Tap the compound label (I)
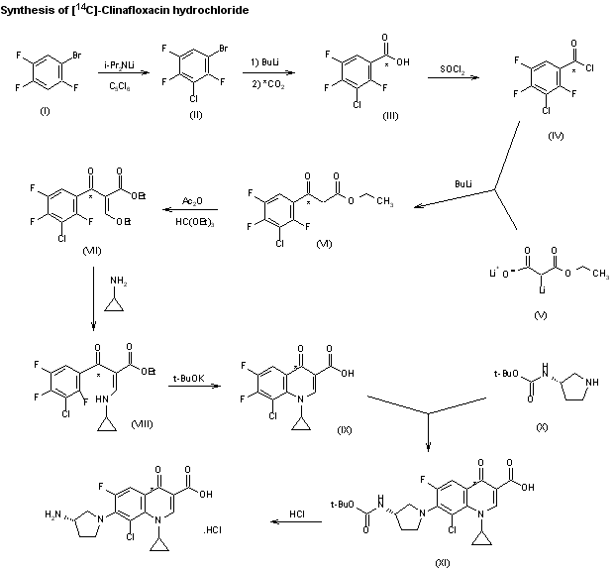(45, 109)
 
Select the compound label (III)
(390, 116)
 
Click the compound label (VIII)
(142, 424)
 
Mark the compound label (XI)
(443, 562)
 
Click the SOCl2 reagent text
(456, 68)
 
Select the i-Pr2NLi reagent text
(122, 64)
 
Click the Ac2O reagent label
(194, 199)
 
